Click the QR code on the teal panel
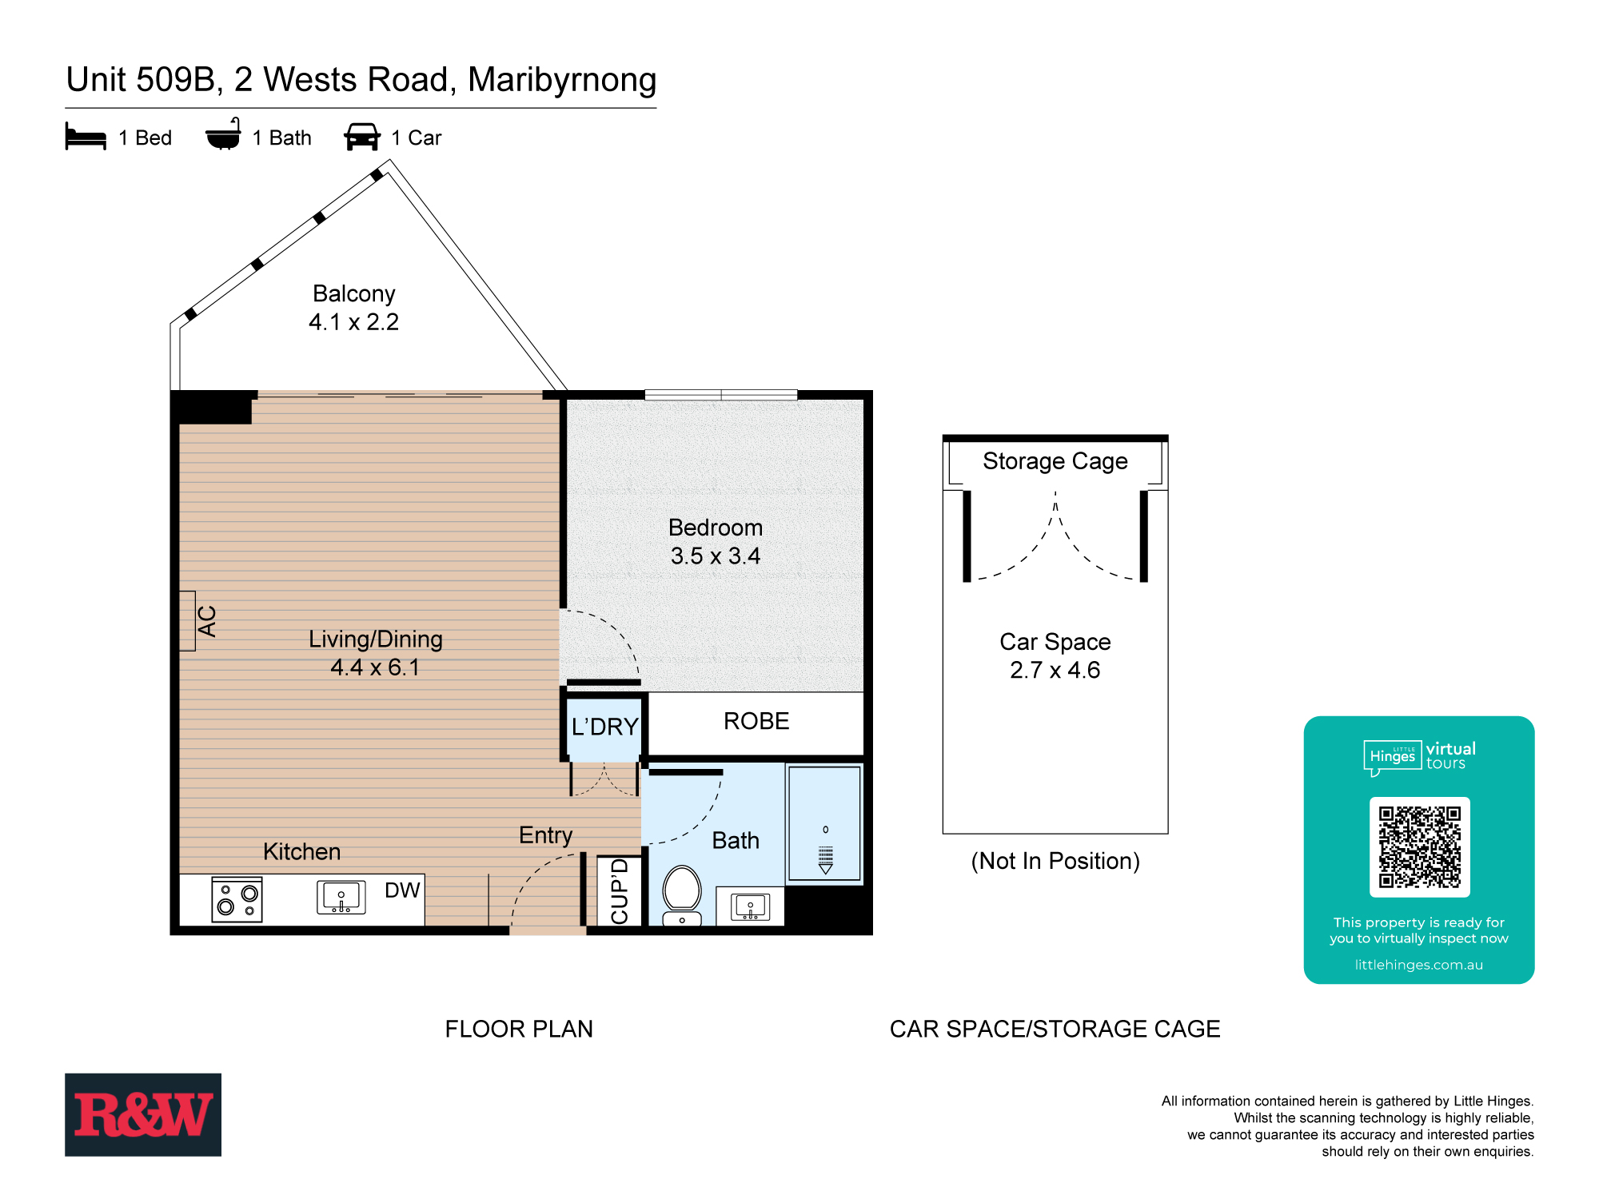[1419, 847]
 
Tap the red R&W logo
[143, 1114]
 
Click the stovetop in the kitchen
[237, 899]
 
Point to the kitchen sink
[341, 897]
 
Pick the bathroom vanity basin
[750, 907]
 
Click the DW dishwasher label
[402, 890]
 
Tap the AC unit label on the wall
[207, 621]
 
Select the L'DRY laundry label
[604, 727]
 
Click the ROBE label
[756, 721]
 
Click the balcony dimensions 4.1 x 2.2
[353, 322]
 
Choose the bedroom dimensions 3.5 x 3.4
[716, 556]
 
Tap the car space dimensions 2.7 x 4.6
[1055, 670]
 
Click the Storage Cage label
[1055, 461]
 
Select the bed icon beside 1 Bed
[86, 137]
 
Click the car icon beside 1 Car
[362, 137]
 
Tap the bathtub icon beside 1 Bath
[223, 135]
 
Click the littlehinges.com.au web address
[1418, 965]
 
